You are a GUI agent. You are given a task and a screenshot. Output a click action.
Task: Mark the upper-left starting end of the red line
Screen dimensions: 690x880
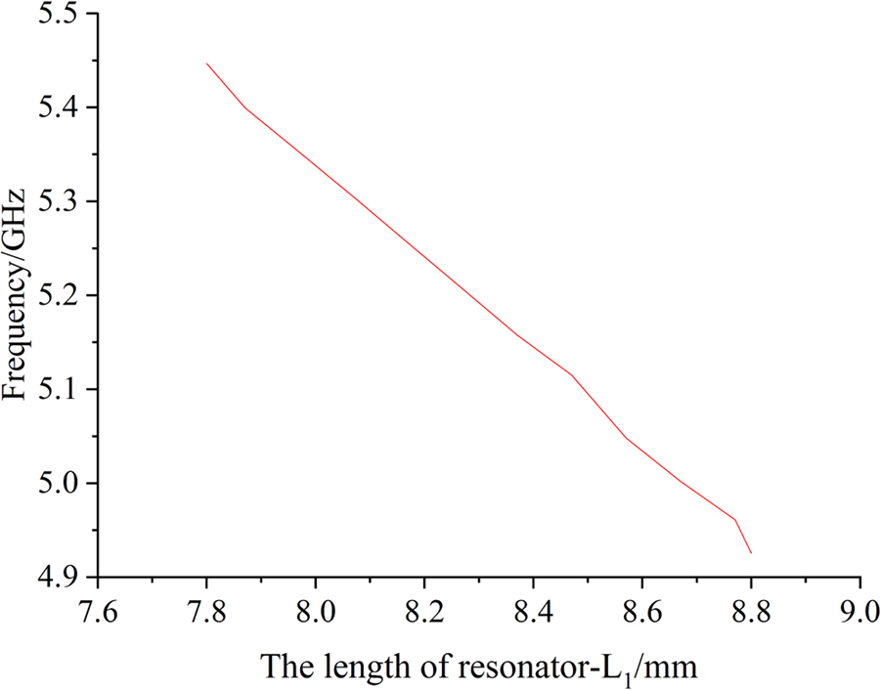[x=206, y=64]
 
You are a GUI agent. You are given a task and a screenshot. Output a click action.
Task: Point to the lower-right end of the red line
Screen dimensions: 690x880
[x=751, y=553]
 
